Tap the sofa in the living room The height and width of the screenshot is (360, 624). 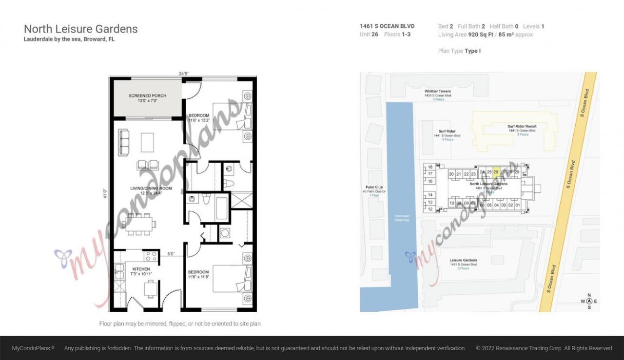[x=124, y=142]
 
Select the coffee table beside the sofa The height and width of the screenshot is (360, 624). [x=148, y=142]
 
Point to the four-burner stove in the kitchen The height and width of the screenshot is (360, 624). [x=151, y=256]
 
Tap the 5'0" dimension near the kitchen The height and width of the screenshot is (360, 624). [x=171, y=254]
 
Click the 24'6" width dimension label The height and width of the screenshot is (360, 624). [x=183, y=74]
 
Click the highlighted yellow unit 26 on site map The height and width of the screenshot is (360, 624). [x=496, y=171]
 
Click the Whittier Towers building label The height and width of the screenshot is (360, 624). [x=437, y=91]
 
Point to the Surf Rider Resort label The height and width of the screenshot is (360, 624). [x=522, y=126]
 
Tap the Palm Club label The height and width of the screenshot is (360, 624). [x=374, y=187]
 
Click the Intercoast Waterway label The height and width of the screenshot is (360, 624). [x=402, y=218]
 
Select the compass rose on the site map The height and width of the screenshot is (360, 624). [x=589, y=301]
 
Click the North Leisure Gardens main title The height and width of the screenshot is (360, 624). [x=81, y=29]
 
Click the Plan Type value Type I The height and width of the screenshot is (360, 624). [x=472, y=51]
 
